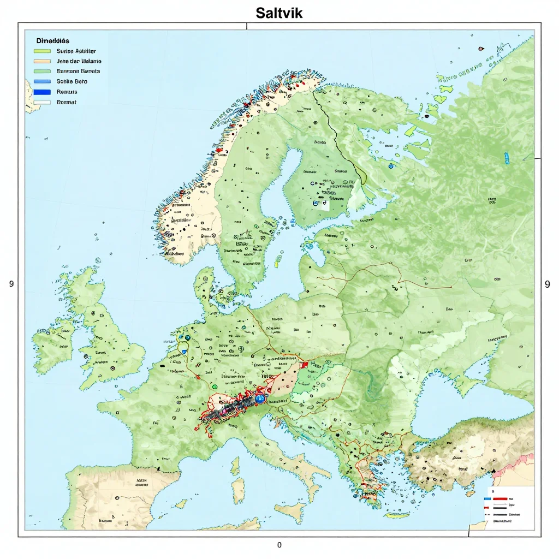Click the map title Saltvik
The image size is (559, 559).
click(279, 13)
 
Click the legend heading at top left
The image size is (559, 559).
click(52, 41)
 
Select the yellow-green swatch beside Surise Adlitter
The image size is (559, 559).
click(41, 51)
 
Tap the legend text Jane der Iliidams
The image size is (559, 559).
click(79, 61)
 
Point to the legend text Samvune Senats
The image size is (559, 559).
click(78, 71)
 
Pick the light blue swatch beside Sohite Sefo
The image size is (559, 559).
click(41, 81)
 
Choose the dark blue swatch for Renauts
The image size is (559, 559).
click(41, 92)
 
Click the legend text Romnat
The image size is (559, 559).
click(66, 102)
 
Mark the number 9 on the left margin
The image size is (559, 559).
click(11, 284)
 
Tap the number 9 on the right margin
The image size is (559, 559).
click(548, 284)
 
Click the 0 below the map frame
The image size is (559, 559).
click(279, 544)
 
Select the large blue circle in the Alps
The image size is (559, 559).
click(260, 399)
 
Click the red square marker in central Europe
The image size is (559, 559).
click(301, 365)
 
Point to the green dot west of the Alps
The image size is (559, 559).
click(215, 386)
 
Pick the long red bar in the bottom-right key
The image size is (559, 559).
click(500, 498)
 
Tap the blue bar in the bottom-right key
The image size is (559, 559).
click(487, 498)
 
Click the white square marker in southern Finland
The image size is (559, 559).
click(325, 205)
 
